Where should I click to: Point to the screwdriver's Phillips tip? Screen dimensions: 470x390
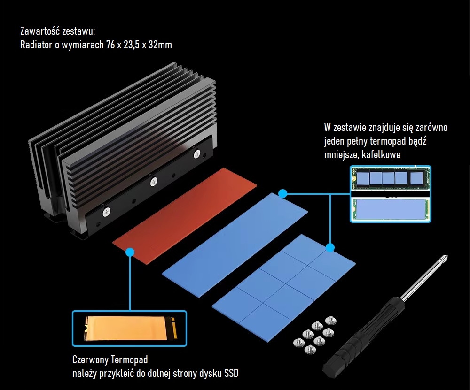click(443, 260)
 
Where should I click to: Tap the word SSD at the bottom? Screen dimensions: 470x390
click(230, 374)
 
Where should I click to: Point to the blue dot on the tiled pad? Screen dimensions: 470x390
click(330, 247)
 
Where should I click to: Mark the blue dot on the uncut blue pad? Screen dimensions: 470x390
click(282, 193)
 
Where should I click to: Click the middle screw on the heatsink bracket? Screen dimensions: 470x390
click(153, 181)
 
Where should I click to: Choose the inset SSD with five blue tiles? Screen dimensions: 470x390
click(390, 178)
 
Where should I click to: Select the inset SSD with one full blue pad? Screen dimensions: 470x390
click(390, 208)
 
